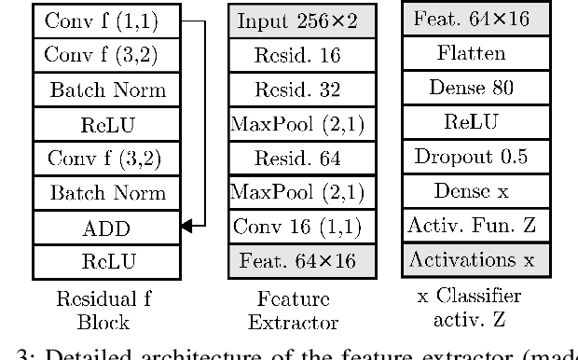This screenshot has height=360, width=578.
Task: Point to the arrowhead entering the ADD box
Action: (187, 226)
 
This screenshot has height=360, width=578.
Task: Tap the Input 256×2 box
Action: (294, 21)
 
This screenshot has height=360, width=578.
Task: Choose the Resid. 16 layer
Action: (294, 55)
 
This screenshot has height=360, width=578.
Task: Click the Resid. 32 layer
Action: (294, 90)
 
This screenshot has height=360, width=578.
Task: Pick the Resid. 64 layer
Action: (294, 159)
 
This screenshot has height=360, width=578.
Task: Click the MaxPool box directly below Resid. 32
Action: (294, 124)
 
